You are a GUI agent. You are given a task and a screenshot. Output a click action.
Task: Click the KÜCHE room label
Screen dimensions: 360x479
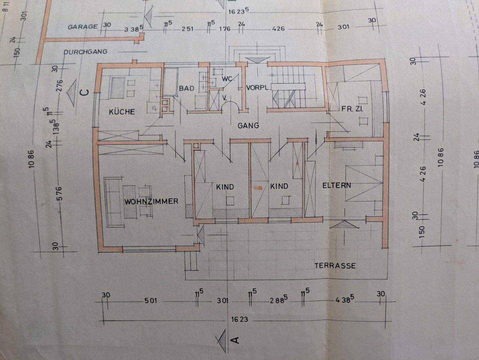[x=122, y=112]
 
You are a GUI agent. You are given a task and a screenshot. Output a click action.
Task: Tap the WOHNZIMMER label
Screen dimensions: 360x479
[x=151, y=201]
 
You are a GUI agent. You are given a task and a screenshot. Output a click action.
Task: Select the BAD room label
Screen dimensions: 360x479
[x=186, y=88]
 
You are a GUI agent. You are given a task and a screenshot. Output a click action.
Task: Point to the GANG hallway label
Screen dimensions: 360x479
[x=248, y=126]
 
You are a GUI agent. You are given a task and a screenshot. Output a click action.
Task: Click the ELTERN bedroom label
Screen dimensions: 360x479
[x=336, y=185]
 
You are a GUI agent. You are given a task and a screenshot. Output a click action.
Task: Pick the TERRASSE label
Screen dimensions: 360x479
[x=335, y=266]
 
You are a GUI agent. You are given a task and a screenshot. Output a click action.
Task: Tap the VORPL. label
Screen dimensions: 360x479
[x=257, y=88]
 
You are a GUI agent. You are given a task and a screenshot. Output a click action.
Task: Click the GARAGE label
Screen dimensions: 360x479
[x=83, y=27]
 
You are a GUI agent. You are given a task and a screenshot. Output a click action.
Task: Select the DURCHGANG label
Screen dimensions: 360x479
[x=86, y=52]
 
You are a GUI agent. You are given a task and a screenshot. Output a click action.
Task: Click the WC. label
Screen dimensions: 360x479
[x=229, y=79]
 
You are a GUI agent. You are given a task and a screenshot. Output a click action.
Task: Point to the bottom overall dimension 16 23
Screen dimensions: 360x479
[x=239, y=319]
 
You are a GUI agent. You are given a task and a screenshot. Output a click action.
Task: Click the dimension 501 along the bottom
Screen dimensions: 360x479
[x=150, y=301]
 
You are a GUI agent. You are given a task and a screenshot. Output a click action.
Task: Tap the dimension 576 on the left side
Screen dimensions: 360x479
[x=59, y=194]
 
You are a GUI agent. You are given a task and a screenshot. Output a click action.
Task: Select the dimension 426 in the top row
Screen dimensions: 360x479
[x=278, y=29]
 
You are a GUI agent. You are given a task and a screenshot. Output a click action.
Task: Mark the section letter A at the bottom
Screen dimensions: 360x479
[x=235, y=340]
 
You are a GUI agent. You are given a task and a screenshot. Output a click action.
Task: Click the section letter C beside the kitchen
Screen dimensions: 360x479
[x=85, y=92]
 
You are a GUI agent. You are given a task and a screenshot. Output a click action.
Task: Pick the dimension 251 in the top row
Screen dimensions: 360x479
[x=188, y=29]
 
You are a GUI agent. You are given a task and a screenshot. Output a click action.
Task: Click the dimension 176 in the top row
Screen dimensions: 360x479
[x=225, y=29]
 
